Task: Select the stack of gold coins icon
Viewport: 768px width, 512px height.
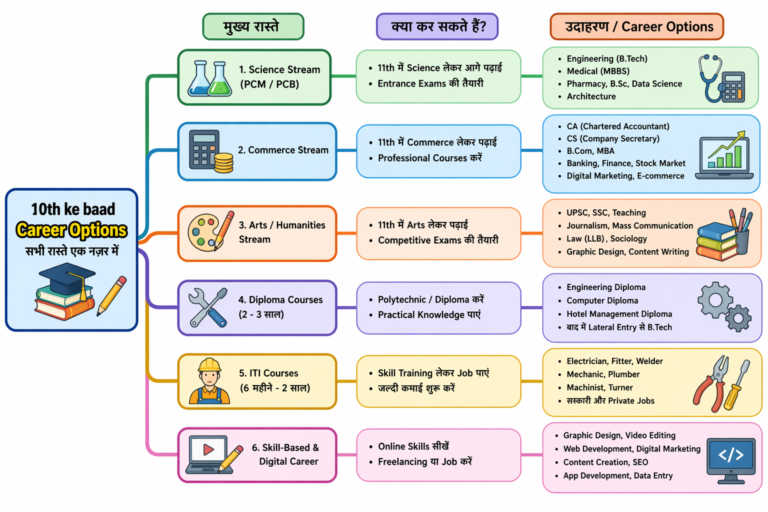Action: click(222, 160)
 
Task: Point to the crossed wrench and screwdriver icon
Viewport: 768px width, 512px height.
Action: click(207, 306)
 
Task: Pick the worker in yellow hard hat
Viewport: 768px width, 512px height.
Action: click(208, 379)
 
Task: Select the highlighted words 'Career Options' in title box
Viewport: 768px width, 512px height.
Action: click(71, 230)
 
